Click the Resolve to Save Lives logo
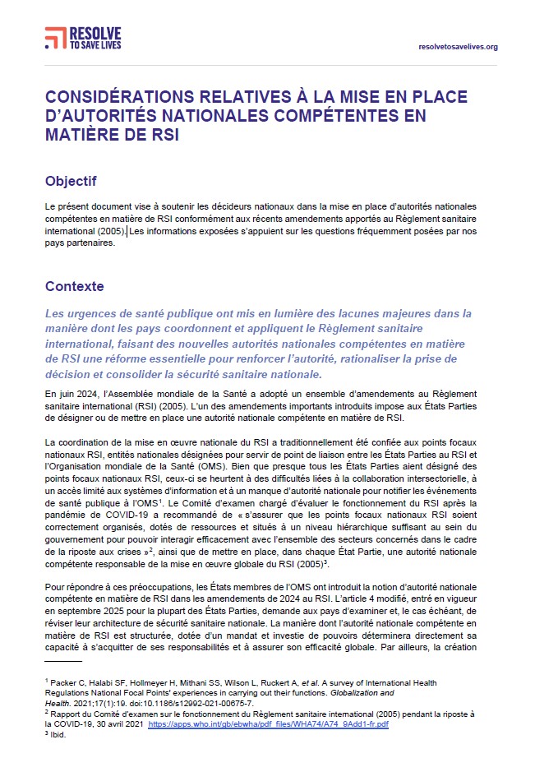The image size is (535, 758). [x=83, y=37]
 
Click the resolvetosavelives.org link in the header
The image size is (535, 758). [x=459, y=47]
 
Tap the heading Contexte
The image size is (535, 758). [x=74, y=286]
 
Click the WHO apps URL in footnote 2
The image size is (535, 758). [x=309, y=724]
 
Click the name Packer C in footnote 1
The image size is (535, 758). [x=68, y=682]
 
